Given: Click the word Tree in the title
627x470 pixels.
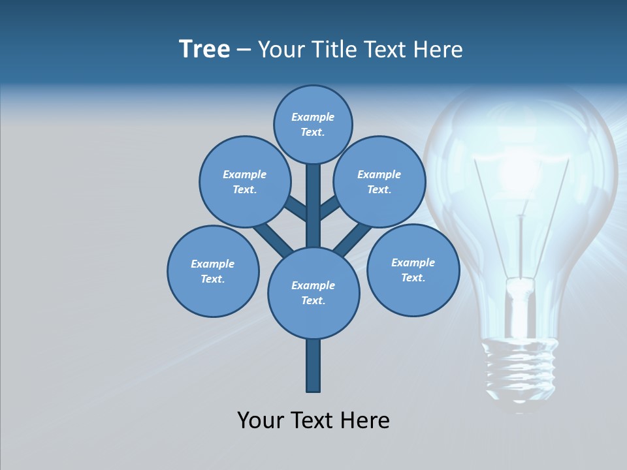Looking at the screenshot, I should (x=204, y=50).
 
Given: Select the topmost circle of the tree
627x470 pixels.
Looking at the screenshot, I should (x=313, y=124).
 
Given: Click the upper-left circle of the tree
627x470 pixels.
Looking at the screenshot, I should (x=245, y=181).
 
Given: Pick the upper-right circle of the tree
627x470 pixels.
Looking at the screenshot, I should (x=379, y=181).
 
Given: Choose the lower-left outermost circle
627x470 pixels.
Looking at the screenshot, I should (x=213, y=271).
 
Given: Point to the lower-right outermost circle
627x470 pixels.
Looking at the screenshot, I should (x=413, y=270).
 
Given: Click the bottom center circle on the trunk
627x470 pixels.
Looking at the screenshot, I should (x=313, y=292).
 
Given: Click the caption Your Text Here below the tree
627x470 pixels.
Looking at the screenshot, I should (x=313, y=420).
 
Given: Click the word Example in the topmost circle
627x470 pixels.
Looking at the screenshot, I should (x=313, y=117).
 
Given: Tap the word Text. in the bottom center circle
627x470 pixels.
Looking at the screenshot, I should (x=313, y=301).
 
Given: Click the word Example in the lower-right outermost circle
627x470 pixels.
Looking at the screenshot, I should (x=413, y=262).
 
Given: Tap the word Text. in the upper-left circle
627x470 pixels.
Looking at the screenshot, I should (x=245, y=190).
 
